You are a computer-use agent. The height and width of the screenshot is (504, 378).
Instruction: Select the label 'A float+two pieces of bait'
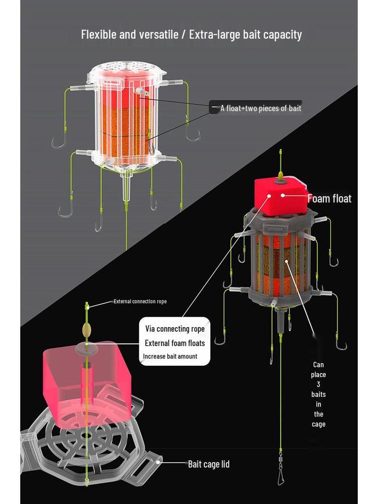click(x=261, y=108)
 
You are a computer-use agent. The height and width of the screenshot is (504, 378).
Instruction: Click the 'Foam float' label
click(x=329, y=199)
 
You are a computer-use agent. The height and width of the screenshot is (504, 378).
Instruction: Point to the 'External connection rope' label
click(x=140, y=302)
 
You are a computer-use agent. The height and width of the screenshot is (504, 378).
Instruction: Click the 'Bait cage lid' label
click(x=209, y=464)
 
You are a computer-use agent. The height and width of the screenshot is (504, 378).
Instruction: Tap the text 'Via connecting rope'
click(x=175, y=329)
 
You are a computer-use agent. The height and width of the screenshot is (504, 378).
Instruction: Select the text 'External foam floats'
click(x=175, y=343)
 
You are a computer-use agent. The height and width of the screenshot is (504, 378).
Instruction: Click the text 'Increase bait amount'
click(x=170, y=356)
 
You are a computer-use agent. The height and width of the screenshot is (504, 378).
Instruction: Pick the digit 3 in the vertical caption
click(x=318, y=384)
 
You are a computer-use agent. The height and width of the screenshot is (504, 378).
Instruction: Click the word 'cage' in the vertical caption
click(x=318, y=424)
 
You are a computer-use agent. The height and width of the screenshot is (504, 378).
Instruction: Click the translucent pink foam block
click(x=87, y=378)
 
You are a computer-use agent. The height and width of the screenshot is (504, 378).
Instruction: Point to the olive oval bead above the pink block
click(x=87, y=330)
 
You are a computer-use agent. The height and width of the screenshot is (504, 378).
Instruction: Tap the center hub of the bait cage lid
click(x=86, y=436)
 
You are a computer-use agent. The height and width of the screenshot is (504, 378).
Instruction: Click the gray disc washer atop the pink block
click(x=87, y=347)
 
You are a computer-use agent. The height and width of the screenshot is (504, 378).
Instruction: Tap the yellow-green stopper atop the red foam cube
click(x=281, y=176)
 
